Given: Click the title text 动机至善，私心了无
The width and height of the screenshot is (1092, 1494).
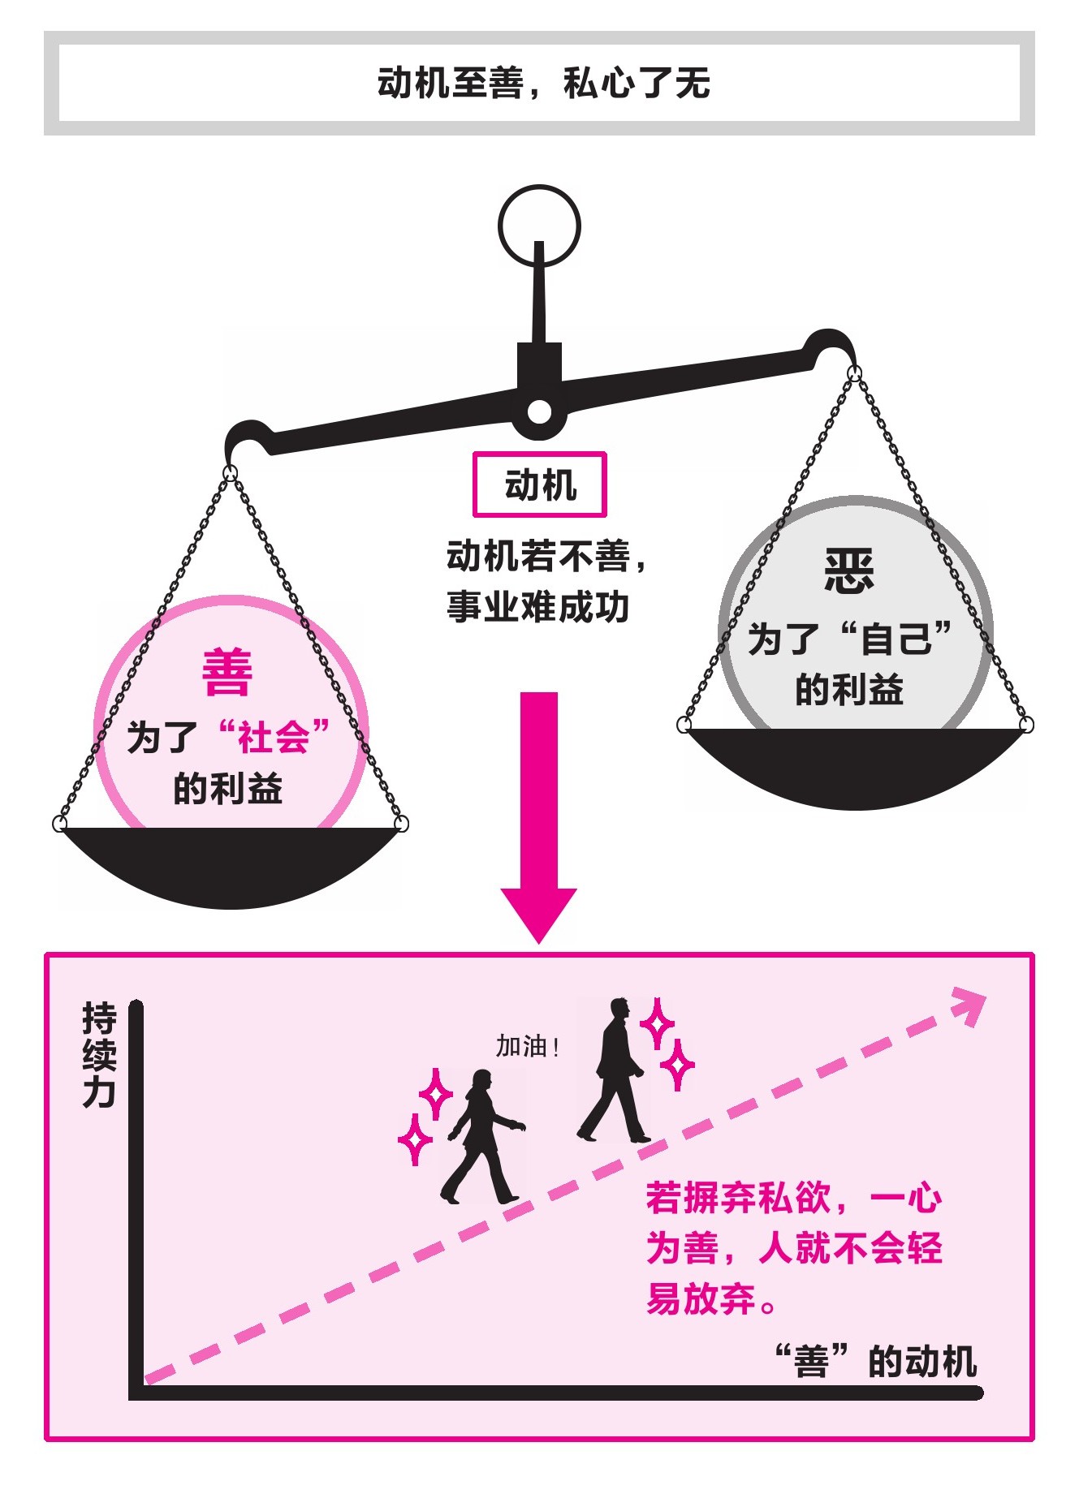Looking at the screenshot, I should pyautogui.click(x=543, y=83).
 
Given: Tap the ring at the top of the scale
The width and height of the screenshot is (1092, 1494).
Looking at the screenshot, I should pyautogui.click(x=538, y=226).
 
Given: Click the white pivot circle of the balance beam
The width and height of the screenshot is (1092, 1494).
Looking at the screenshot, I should pyautogui.click(x=538, y=412).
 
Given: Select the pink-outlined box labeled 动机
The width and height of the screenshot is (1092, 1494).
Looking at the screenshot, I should pyautogui.click(x=540, y=484).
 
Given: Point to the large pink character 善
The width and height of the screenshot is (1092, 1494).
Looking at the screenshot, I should pyautogui.click(x=227, y=674).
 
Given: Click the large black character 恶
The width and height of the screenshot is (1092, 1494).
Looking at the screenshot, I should pyautogui.click(x=849, y=570).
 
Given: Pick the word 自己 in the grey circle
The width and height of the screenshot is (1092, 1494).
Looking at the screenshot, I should pyautogui.click(x=896, y=638).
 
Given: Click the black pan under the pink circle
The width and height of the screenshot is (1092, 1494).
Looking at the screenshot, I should pyautogui.click(x=231, y=863).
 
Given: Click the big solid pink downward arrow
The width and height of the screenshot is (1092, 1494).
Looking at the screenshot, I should pyautogui.click(x=538, y=812).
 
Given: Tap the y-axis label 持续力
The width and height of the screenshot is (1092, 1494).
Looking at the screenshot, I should pyautogui.click(x=99, y=1055).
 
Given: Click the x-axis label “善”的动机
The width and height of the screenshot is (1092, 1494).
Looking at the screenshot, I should pyautogui.click(x=875, y=1361).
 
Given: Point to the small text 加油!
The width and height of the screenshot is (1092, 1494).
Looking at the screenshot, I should pyautogui.click(x=528, y=1047).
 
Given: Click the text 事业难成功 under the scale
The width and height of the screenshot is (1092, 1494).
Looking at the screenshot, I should pyautogui.click(x=537, y=607).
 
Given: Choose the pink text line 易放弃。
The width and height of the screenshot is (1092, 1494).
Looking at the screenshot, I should pyautogui.click(x=711, y=1298).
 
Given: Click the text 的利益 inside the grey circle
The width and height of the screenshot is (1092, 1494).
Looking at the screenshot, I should pyautogui.click(x=849, y=690).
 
